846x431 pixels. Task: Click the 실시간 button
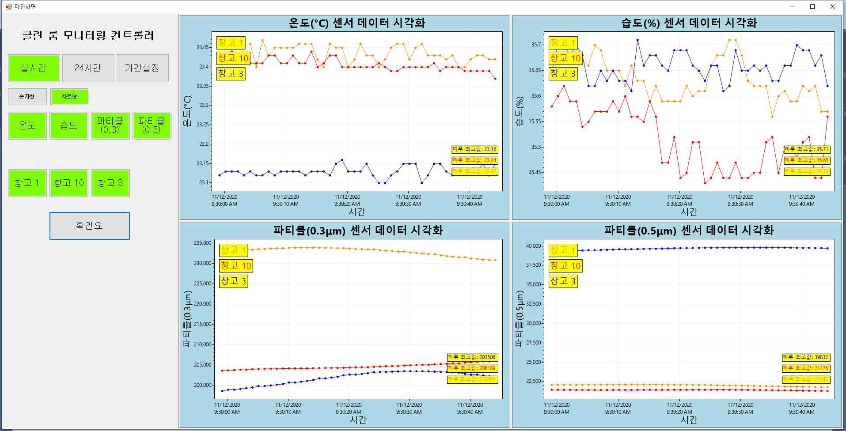click(x=34, y=68)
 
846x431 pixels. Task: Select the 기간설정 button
click(x=142, y=68)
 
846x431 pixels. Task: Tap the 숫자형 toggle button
click(x=27, y=96)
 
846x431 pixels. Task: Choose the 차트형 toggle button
click(x=69, y=96)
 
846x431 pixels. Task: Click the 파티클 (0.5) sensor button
click(x=152, y=125)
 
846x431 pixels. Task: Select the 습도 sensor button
click(x=68, y=125)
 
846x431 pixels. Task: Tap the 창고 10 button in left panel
click(x=68, y=183)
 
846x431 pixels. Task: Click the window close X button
click(x=832, y=7)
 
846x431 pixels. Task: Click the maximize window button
click(x=812, y=7)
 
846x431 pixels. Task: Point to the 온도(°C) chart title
click(x=357, y=23)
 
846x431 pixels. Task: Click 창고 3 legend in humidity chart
click(x=563, y=74)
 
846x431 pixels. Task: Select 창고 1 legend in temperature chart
click(x=231, y=43)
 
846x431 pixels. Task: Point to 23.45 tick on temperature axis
click(x=203, y=47)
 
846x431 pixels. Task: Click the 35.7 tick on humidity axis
click(x=535, y=45)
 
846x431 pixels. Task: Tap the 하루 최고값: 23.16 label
click(x=474, y=149)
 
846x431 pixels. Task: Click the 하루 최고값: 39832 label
click(x=806, y=357)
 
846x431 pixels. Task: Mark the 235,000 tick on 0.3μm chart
click(x=203, y=243)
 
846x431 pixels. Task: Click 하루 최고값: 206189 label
click(x=472, y=368)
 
